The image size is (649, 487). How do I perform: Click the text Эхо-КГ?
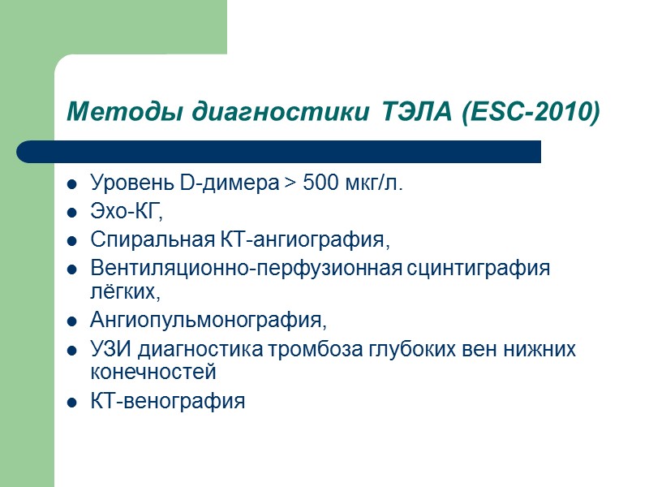click(x=127, y=213)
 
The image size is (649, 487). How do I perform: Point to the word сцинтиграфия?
click(x=479, y=269)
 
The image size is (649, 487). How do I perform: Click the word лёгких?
click(x=121, y=290)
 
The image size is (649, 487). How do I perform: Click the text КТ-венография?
click(x=167, y=400)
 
